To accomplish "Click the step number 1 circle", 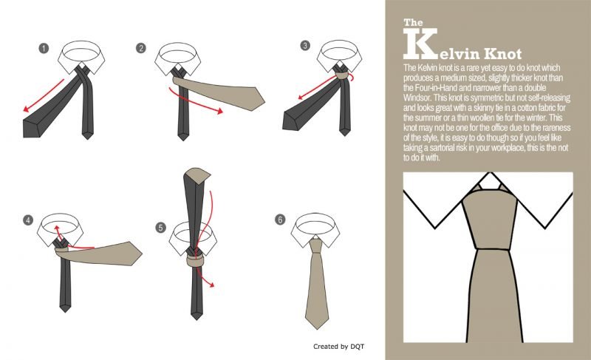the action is point(44,48).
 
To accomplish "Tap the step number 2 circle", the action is point(141,48).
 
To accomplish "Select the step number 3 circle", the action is point(305,46).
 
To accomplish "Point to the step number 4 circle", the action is point(28,220).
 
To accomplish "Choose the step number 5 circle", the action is point(161,228).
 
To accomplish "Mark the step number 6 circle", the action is point(280,220).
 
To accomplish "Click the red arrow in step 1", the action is point(44,95).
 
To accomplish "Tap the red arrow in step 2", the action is point(194,103).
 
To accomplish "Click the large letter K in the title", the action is point(420,44).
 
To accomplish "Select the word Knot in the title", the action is point(502,54).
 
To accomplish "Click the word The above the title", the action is point(413,23).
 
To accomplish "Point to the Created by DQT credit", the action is point(339,347).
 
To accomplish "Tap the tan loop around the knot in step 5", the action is point(195,260).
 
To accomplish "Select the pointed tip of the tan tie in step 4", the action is point(142,254).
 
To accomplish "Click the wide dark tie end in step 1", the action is point(32,128).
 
